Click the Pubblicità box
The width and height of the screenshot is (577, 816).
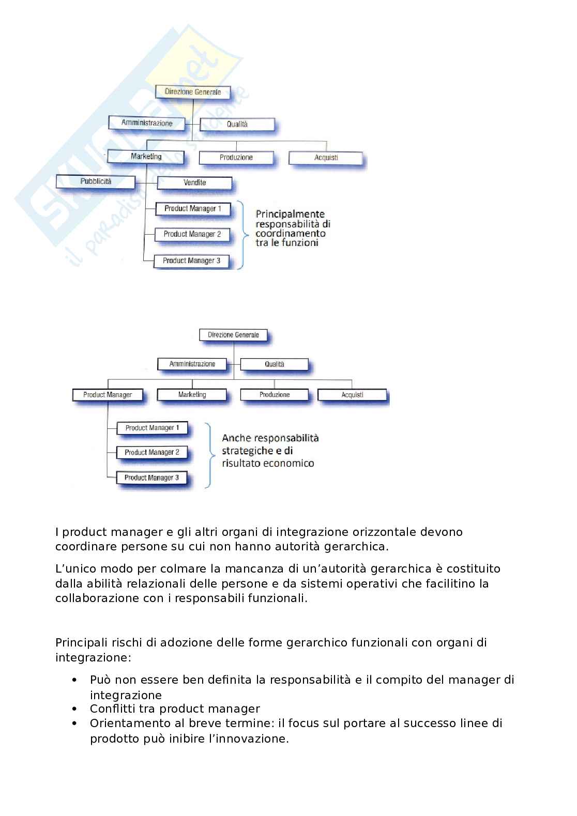(x=96, y=182)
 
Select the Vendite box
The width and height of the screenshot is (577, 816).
(x=194, y=183)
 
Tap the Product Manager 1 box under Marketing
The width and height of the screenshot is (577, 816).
(x=192, y=209)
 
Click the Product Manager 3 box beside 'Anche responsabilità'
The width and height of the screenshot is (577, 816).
(x=151, y=478)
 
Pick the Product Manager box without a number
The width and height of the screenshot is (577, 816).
(x=108, y=395)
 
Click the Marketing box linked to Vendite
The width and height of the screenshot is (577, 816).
(x=146, y=157)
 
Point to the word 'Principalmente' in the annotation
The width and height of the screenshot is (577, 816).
(x=290, y=214)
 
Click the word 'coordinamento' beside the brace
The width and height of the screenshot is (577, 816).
(x=290, y=233)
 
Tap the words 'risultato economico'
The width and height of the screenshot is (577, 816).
(x=268, y=464)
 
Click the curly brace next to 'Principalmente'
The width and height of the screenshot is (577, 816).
(x=241, y=235)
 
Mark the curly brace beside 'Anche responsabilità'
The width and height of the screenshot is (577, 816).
(x=208, y=455)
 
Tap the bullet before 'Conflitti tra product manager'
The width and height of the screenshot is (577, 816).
(x=75, y=709)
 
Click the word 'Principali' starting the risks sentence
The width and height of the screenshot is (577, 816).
(x=81, y=643)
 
